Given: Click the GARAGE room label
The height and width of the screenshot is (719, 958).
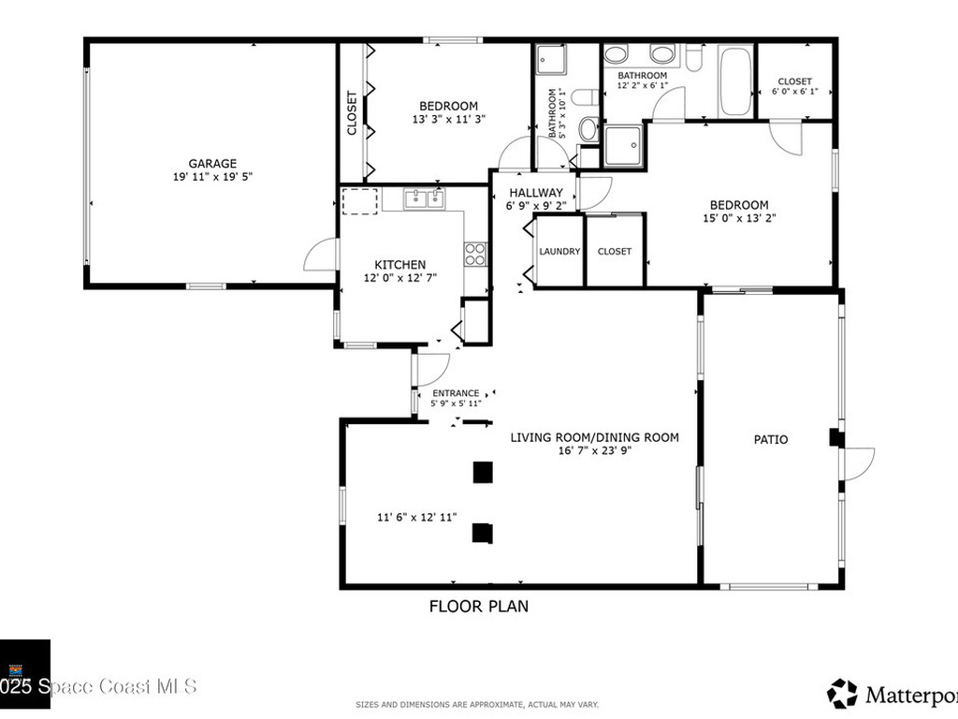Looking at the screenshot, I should [x=212, y=163].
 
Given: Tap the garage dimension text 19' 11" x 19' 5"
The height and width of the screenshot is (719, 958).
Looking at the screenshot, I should [x=212, y=177].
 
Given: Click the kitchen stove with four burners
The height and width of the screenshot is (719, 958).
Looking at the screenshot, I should [x=475, y=254].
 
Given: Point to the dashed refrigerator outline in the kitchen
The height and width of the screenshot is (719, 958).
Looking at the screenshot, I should [x=359, y=201].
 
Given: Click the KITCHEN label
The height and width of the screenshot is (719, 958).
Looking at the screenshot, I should [x=400, y=265].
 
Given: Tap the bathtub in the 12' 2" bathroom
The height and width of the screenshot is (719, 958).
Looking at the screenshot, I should [x=736, y=82].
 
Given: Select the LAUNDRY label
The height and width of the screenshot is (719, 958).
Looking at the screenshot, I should [x=559, y=252].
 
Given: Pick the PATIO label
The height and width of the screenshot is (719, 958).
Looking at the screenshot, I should [x=771, y=439].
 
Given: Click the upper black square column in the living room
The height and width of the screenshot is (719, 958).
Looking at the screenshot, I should [x=483, y=473].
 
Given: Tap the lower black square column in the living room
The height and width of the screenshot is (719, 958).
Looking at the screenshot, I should [x=483, y=532].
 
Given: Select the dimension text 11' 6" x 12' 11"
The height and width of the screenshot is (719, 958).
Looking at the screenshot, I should [x=416, y=517].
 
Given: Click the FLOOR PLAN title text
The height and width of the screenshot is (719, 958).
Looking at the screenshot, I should [x=478, y=606].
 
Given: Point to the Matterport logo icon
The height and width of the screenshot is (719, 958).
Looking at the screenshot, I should [x=842, y=694].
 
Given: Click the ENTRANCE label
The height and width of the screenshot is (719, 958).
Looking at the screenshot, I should [x=456, y=393].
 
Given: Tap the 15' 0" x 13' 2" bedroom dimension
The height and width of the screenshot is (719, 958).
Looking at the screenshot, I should [x=739, y=218].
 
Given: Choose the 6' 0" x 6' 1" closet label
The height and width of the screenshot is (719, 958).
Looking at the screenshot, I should [x=794, y=92].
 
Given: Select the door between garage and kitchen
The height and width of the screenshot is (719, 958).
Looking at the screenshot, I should [x=321, y=255].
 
